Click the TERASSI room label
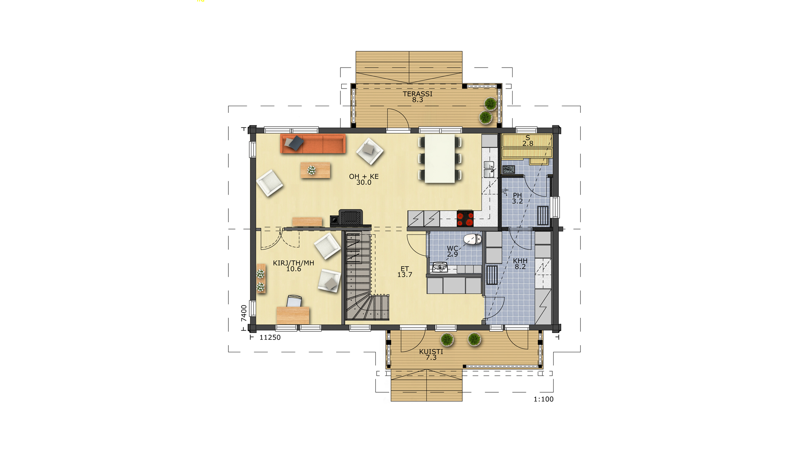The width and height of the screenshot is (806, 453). coord(417,94)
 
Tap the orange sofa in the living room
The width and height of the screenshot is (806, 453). coord(313,144)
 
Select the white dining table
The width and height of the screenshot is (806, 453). coord(440,159)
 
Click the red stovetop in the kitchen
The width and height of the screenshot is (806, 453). coord(465,218)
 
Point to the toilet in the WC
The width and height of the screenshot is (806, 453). coord(473,240)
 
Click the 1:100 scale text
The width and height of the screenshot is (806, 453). coord(543,399)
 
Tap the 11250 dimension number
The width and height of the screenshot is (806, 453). coord(270,337)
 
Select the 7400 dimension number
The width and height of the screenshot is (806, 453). coord(244,313)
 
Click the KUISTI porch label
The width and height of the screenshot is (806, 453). coord(431,351)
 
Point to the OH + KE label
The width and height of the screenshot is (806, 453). coord(364,177)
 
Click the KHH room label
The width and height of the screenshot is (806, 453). coord(520,261)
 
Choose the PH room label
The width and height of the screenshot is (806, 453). coord(517,195)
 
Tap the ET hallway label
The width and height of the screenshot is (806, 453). coord(405,269)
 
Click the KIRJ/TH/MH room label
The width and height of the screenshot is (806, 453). coord(293,263)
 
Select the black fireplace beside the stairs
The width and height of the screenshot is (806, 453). coord(350,217)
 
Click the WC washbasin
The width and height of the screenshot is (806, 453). coord(440,267)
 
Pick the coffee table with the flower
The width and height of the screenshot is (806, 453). coord(315,170)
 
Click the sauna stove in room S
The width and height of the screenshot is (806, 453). coord(509,169)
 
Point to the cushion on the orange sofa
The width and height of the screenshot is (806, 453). coord(294,143)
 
